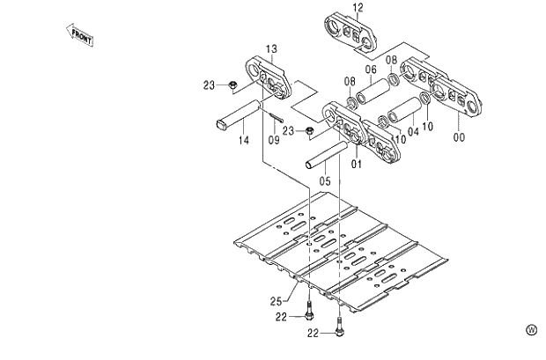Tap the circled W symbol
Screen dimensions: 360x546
[x=531, y=330]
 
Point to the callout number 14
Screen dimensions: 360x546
[x=244, y=140]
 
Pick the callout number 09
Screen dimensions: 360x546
[x=274, y=140]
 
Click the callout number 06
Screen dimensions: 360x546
[x=371, y=70]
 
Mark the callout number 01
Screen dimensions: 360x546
[x=358, y=162]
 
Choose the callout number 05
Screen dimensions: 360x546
[x=325, y=181]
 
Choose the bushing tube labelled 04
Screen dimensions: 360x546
[x=403, y=111]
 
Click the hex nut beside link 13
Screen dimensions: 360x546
[x=232, y=85]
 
